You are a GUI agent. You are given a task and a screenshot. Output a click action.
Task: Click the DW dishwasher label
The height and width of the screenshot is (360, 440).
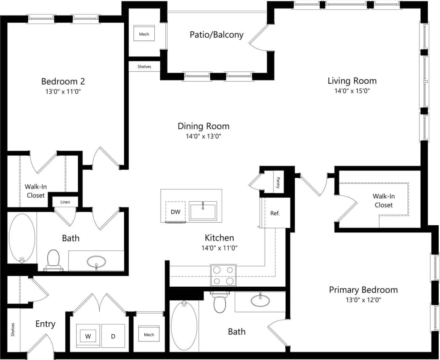tap(175, 212)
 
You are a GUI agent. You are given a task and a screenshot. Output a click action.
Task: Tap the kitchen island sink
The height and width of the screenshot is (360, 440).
tap(203, 211)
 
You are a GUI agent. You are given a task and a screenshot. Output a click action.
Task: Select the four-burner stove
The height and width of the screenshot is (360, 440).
tap(223, 275)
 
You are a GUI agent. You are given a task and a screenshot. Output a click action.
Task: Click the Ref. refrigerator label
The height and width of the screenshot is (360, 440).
tap(275, 213)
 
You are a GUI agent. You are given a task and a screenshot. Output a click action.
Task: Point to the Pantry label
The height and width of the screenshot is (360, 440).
tap(278, 182)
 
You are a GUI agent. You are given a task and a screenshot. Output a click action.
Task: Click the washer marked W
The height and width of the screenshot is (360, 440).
tap(88, 336)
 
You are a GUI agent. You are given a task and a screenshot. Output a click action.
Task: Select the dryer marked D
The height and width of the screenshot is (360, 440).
tap(113, 336)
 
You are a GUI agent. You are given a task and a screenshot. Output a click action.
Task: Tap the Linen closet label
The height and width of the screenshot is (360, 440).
tap(65, 202)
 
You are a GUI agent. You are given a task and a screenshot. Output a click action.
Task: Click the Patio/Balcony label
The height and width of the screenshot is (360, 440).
tap(216, 35)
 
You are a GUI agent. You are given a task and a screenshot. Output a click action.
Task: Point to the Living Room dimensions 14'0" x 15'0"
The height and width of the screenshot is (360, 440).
tap(352, 91)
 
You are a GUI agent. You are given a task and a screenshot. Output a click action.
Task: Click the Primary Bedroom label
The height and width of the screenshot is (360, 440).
tap(363, 290)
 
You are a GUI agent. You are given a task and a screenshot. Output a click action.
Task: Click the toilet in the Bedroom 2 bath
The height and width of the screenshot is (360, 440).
tap(53, 259)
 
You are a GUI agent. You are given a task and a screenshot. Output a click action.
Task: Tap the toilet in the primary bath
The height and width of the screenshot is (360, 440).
tap(220, 303)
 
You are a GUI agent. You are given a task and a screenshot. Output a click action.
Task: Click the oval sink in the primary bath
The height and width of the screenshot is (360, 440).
tap(260, 301)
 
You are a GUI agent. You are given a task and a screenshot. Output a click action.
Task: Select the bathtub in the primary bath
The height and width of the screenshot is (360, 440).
tap(184, 326)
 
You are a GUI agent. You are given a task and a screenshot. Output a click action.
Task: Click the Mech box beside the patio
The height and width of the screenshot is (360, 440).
tap(144, 34)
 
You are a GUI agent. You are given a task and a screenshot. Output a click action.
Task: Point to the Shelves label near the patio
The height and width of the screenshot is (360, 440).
tap(144, 67)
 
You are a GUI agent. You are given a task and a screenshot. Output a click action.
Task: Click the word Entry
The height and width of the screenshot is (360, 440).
tap(45, 324)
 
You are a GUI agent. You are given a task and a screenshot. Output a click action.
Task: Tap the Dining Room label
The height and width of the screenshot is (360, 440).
tap(204, 126)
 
